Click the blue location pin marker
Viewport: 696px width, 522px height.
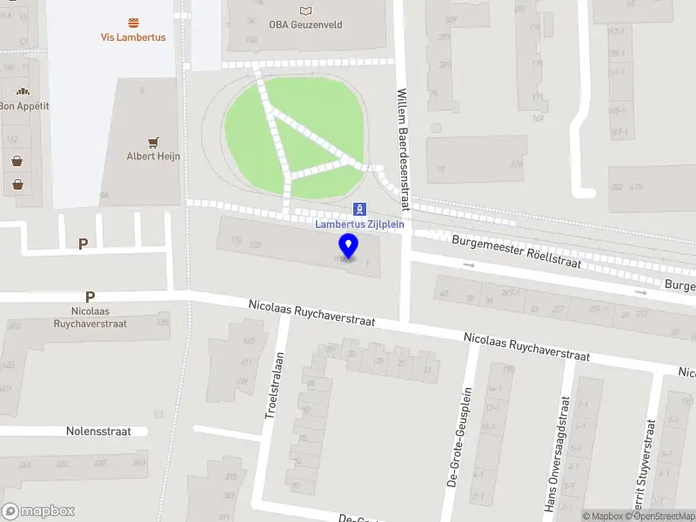click(x=348, y=246)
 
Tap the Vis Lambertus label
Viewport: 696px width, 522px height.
click(x=133, y=37)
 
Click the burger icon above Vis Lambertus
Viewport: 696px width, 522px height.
click(x=133, y=23)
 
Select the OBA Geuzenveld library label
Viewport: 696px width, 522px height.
click(x=304, y=24)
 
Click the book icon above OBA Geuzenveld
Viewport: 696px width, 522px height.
click(x=304, y=10)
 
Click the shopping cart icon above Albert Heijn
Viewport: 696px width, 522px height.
click(x=153, y=142)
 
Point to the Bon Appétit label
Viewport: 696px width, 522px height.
click(x=23, y=105)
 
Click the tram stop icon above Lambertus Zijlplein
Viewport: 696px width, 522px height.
click(x=359, y=209)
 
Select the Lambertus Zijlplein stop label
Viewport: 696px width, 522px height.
click(x=358, y=224)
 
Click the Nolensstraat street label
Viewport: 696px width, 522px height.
click(x=98, y=431)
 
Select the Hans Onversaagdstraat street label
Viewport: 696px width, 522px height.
click(x=557, y=452)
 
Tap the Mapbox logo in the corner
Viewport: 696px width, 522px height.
click(x=38, y=512)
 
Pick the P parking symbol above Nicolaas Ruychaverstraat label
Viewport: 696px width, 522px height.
click(x=90, y=297)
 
